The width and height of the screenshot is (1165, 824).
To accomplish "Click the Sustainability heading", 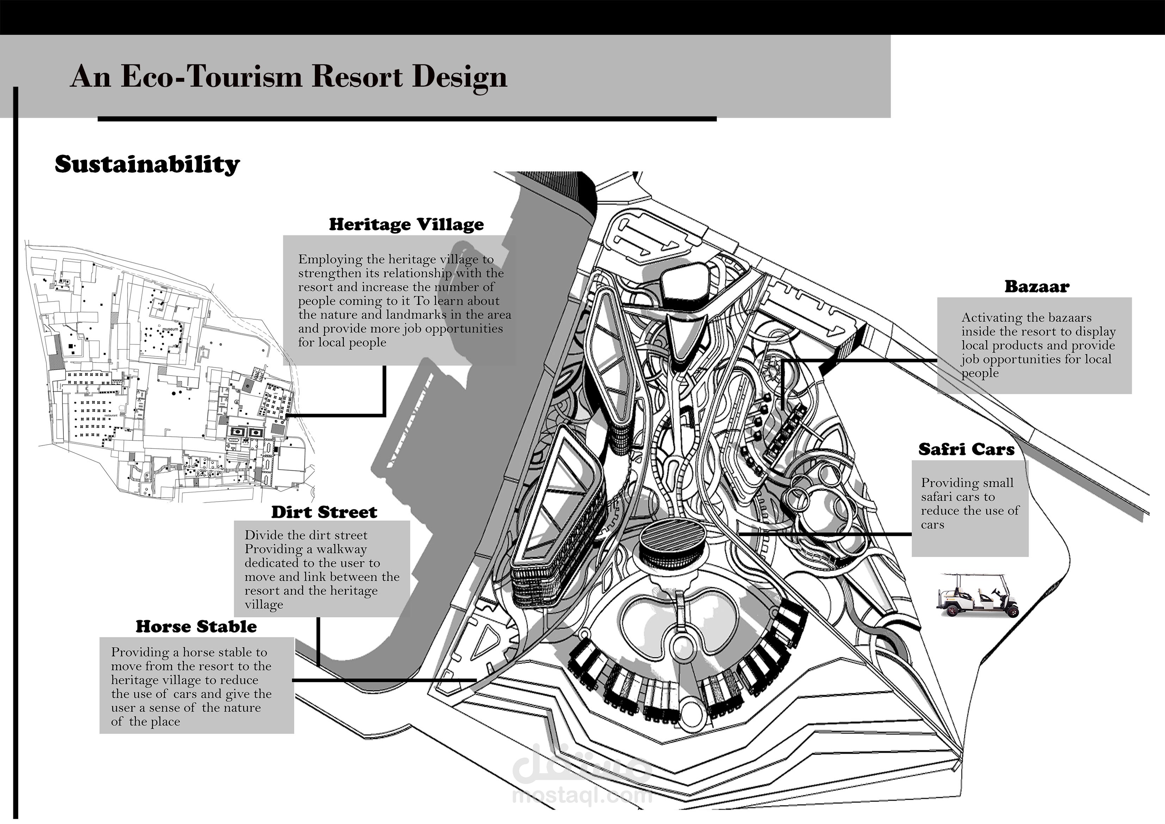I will coord(147,165).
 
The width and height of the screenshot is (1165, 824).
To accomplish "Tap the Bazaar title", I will coord(1037,287).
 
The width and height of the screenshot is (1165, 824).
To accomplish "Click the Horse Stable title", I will coord(196,627).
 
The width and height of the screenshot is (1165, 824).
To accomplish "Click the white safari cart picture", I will coord(977,596).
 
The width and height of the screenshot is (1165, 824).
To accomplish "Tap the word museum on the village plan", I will coord(170,329).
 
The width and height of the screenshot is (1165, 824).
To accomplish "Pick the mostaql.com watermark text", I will coord(582,795).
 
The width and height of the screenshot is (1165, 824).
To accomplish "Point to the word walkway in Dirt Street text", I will coord(341,549).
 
